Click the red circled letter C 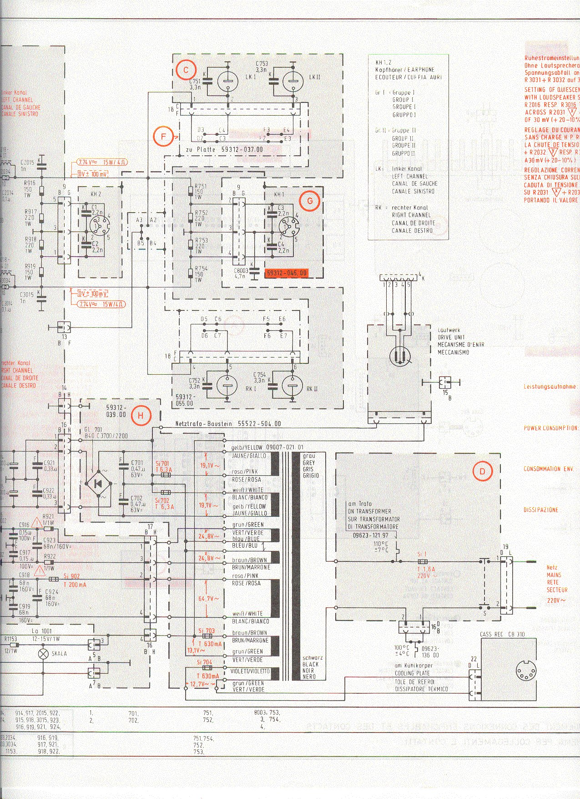(186, 70)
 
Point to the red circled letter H (141, 415)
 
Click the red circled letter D (483, 471)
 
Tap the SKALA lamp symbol (44, 654)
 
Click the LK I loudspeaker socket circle (227, 82)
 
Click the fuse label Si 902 (71, 576)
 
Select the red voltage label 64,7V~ (209, 598)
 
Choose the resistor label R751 (201, 186)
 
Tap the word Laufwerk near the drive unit (449, 330)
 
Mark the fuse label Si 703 (206, 631)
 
